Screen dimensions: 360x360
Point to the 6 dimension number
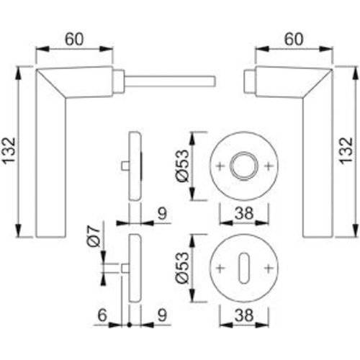click(102, 314)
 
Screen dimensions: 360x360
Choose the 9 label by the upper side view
click(163, 212)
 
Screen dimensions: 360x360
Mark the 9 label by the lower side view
click(163, 314)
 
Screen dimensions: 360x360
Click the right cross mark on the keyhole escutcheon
click(269, 268)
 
